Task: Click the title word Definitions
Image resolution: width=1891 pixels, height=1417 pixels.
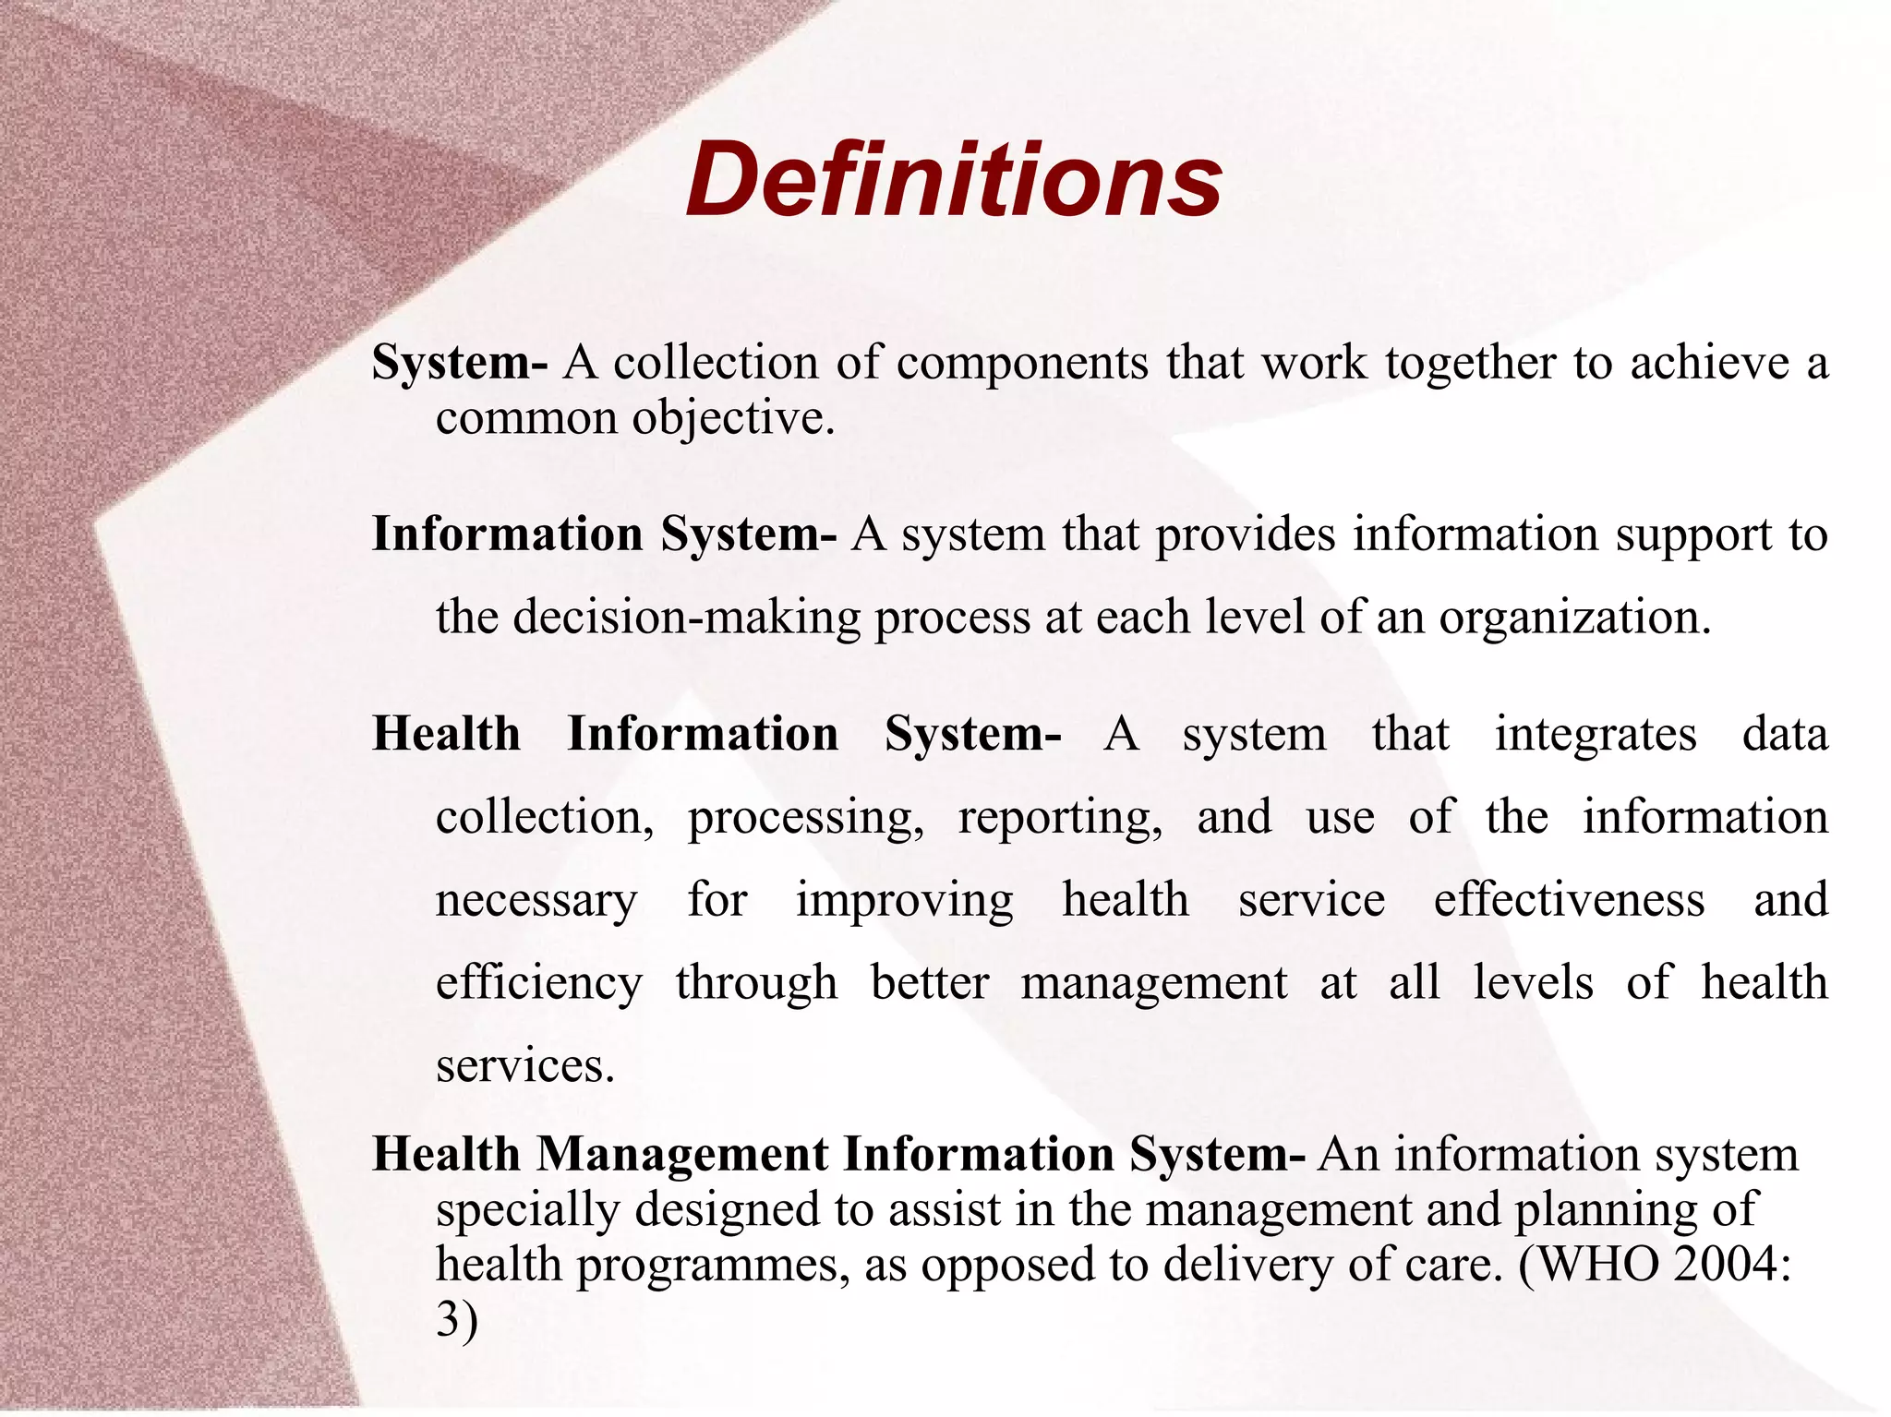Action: (954, 180)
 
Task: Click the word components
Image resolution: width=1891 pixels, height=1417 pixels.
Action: (1022, 363)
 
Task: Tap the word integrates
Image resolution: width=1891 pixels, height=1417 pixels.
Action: (1595, 735)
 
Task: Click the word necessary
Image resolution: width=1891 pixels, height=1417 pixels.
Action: (536, 900)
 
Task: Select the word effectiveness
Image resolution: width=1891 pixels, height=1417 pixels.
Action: (1569, 900)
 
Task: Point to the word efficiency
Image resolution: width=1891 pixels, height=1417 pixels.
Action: (538, 983)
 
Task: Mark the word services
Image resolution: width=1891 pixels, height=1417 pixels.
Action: (524, 1066)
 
